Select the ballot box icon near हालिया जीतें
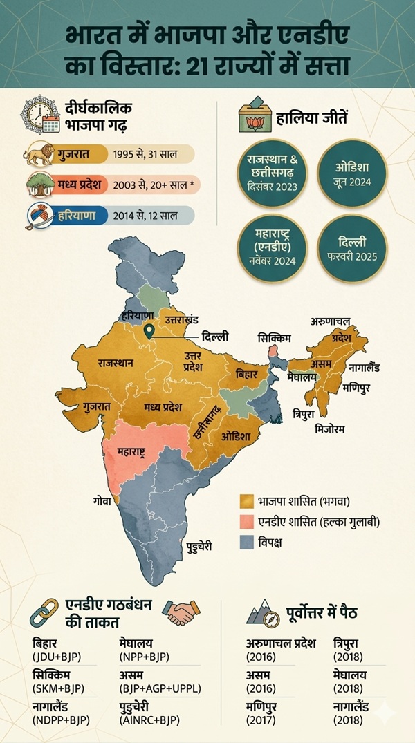(251, 115)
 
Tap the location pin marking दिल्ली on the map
(147, 332)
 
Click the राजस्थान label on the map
(116, 362)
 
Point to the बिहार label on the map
(247, 374)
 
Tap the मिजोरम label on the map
(327, 429)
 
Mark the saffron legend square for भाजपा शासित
(243, 499)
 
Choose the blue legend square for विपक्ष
(243, 543)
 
